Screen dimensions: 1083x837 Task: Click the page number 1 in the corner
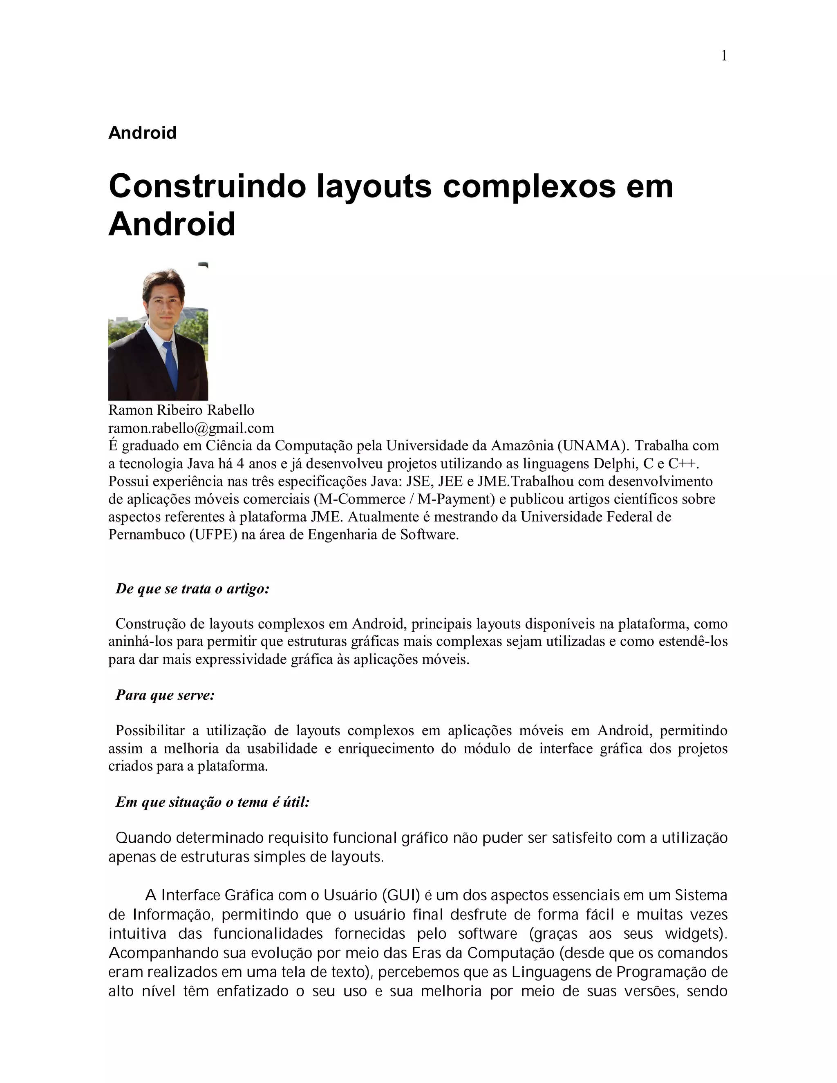point(723,56)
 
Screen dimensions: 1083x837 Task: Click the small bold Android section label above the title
point(142,133)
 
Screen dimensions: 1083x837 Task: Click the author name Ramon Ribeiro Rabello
point(181,410)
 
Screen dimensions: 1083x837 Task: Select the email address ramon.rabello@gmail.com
point(191,427)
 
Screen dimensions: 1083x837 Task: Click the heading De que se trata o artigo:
point(192,588)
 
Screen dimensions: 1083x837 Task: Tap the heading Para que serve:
point(165,695)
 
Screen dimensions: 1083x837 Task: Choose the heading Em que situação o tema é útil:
point(213,802)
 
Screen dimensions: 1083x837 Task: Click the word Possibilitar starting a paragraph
point(150,730)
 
